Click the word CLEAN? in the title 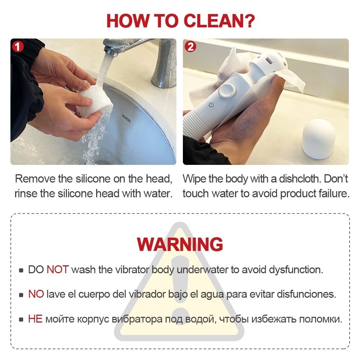219,21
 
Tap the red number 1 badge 18,47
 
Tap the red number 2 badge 190,47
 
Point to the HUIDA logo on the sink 126,118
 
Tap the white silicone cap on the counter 319,139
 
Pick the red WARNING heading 180,244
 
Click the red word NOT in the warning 58,270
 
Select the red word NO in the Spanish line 36,294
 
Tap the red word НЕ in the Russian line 35,319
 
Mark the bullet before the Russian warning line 21,319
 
